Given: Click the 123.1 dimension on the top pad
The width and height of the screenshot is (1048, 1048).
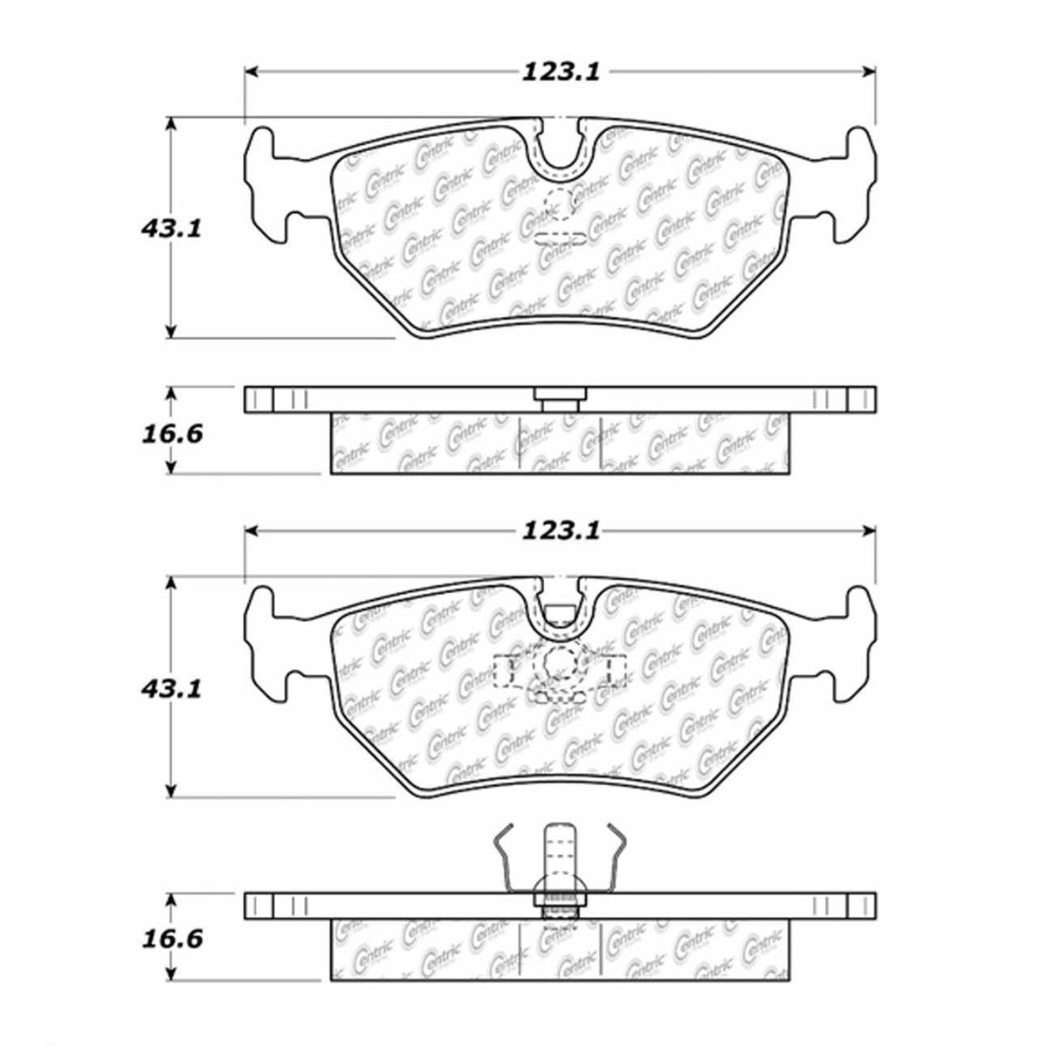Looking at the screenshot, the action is [561, 72].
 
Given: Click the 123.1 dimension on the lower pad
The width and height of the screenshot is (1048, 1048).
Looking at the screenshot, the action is [561, 531].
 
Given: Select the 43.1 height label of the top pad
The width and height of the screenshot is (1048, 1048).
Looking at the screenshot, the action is [171, 229].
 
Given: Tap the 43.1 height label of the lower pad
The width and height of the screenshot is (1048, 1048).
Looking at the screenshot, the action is [171, 689].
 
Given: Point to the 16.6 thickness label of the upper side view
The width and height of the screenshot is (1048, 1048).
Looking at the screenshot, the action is [172, 433].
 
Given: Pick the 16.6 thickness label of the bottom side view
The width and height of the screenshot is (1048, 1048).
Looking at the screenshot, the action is [172, 893].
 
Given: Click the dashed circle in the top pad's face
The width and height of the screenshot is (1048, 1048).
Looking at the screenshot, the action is [559, 204].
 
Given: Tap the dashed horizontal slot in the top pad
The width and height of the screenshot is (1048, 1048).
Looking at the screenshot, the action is [561, 238].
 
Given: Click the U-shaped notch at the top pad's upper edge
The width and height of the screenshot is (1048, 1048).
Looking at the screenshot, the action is [562, 149].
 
